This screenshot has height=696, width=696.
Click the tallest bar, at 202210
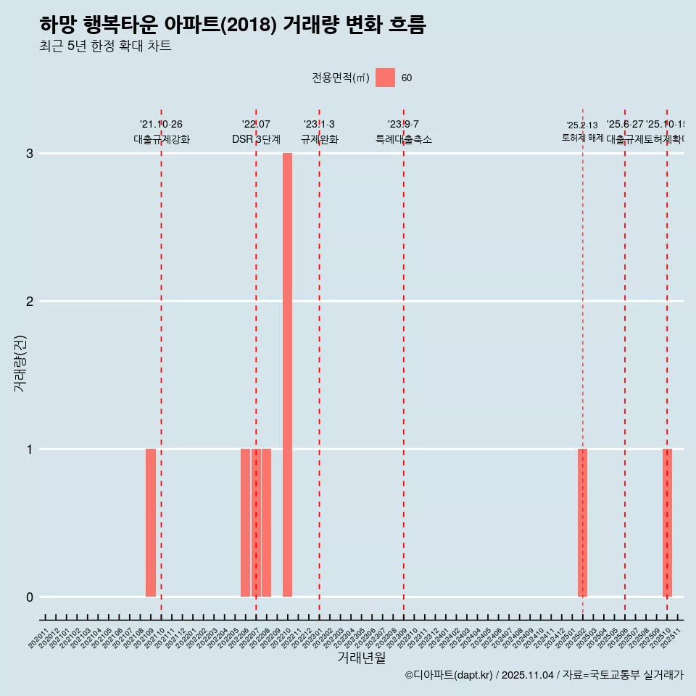287,375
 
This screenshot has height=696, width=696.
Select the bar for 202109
151,523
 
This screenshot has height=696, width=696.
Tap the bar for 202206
245,523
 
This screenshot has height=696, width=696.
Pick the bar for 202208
267,523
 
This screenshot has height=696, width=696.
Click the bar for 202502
582,523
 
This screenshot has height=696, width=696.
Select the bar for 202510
667,523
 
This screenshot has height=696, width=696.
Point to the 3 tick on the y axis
30,154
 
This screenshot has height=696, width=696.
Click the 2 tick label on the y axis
30,302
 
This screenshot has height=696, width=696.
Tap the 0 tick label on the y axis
30,597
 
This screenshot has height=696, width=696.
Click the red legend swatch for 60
385,78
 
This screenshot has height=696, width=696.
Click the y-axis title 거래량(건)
20,362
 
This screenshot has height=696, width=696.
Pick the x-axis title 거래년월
361,658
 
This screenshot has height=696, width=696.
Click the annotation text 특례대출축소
404,140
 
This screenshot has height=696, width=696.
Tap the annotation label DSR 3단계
256,140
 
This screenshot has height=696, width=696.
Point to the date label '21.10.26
161,125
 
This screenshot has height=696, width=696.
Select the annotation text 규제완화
320,140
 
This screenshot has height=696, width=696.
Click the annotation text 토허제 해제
582,138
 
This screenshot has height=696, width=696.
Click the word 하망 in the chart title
58,25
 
